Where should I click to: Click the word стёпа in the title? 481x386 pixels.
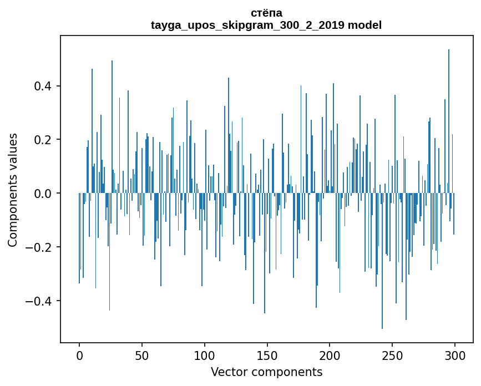coord(266,13)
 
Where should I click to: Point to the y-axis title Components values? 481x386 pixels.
coord(13,190)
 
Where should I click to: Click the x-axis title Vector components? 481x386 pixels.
coord(266,372)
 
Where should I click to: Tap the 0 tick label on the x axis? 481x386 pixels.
coord(79,355)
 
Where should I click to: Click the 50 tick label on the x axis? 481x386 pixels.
coord(142,355)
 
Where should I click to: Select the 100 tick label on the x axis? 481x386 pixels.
coord(205,355)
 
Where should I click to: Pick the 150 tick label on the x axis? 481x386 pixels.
coord(267,355)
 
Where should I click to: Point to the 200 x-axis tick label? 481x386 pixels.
coord(330,355)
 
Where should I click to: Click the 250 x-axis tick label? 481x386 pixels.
coord(392,355)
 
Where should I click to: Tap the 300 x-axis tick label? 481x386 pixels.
coord(455,355)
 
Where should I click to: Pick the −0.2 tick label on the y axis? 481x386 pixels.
coord(40,247)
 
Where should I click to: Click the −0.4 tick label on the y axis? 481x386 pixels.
coord(40,301)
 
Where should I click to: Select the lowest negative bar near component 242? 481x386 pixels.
coord(382,261)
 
